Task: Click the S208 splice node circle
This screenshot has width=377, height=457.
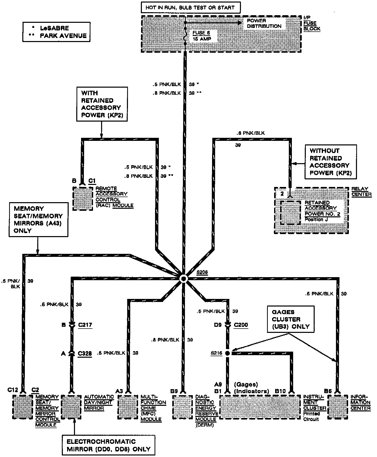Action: (183, 279)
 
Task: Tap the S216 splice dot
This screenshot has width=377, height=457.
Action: (227, 353)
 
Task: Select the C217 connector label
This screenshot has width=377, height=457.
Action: (85, 325)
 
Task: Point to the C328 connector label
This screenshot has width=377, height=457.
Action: (85, 353)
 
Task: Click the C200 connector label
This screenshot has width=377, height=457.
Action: (241, 325)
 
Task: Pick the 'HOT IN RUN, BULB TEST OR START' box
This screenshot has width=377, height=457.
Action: (191, 7)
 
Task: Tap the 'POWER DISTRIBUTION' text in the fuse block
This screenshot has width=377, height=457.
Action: (264, 23)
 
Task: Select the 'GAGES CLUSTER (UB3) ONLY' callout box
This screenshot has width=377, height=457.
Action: (291, 319)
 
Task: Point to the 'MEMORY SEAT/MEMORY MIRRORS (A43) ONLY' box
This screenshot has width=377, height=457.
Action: (39, 219)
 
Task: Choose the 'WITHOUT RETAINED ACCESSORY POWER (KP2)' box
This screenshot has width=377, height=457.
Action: (331, 162)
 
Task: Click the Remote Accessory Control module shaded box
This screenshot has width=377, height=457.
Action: (83, 199)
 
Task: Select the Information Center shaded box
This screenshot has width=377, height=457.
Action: (337, 407)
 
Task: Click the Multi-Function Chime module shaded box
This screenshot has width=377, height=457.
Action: (128, 407)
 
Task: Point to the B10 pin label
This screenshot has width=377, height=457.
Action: (280, 391)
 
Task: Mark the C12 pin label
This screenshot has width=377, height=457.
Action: (13, 390)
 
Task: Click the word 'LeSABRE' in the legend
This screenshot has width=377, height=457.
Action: (54, 28)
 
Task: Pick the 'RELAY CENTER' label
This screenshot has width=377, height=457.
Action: (361, 192)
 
